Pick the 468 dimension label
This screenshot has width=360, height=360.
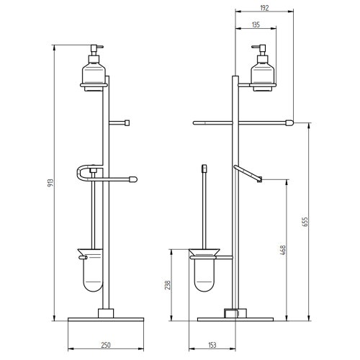pos(283,251)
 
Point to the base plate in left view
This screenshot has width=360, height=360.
pos(106,316)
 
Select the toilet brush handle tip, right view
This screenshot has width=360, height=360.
pos(204,168)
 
